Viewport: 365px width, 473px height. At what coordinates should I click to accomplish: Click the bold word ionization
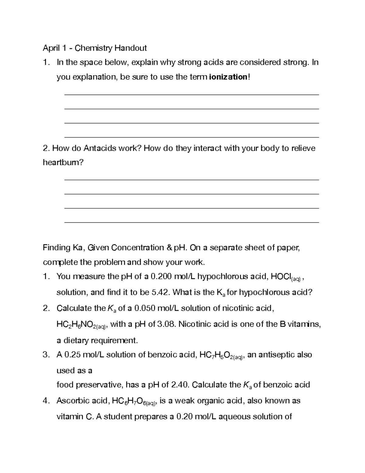tap(228, 77)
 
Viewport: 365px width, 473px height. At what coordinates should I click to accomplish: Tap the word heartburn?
tap(63, 163)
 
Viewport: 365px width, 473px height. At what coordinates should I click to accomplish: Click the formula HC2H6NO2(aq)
tap(81, 325)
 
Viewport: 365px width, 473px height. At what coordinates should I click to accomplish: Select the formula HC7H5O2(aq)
tap(221, 355)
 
